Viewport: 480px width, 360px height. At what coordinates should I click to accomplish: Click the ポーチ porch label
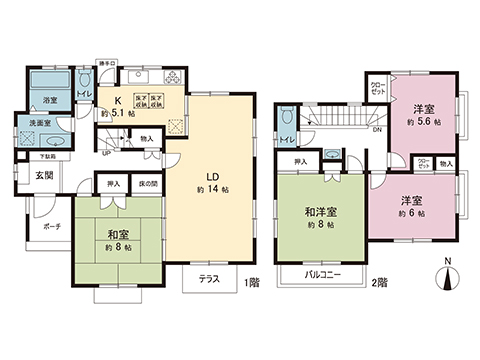[x=51, y=227]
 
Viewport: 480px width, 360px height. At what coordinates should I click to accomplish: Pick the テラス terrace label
[x=209, y=279]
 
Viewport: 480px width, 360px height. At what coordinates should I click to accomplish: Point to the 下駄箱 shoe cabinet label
[x=47, y=157]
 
